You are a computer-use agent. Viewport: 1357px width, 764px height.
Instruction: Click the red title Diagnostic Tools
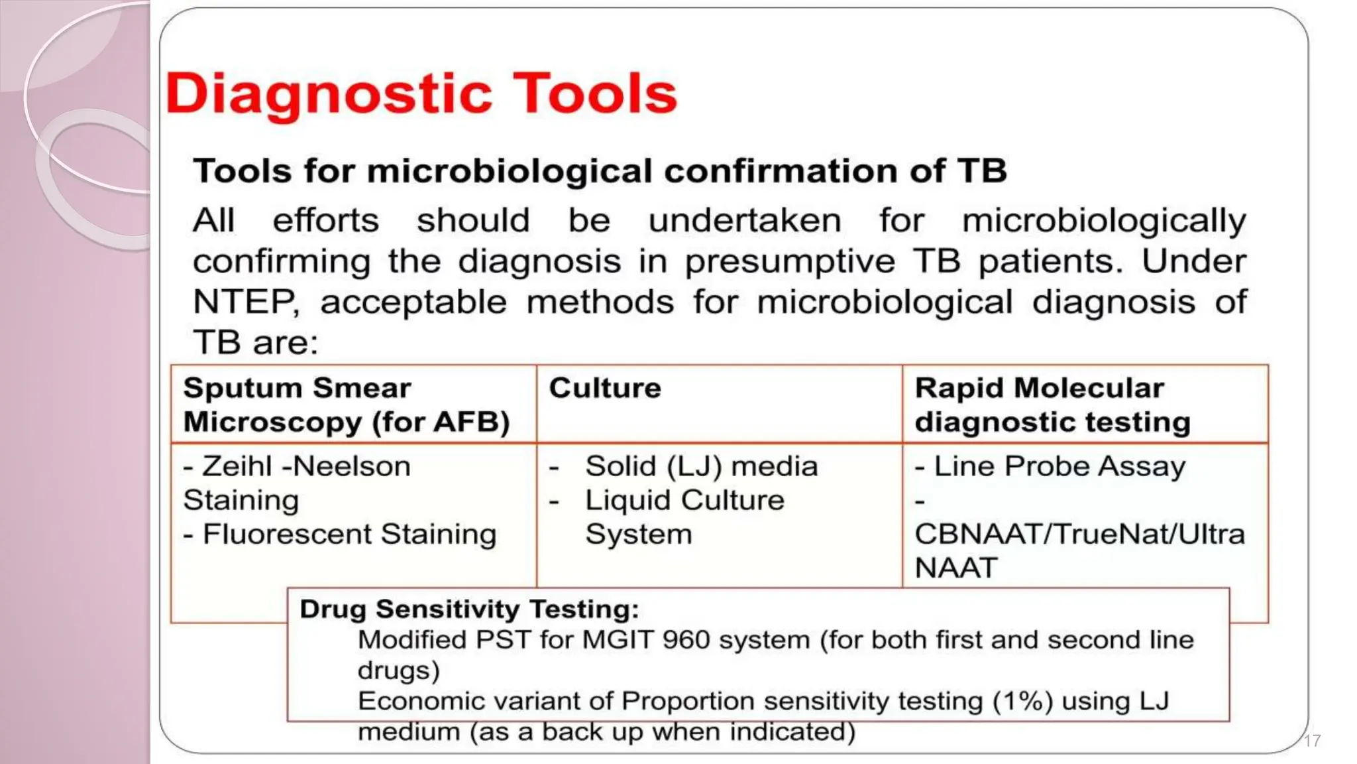[421, 94]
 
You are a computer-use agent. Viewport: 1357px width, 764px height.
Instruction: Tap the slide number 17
[1312, 741]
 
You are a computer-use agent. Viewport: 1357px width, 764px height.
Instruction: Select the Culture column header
[604, 388]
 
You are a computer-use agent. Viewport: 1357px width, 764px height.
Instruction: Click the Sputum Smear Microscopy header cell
[346, 405]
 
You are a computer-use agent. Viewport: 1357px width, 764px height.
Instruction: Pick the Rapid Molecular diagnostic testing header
[1052, 405]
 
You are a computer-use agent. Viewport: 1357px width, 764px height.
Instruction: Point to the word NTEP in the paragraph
[244, 302]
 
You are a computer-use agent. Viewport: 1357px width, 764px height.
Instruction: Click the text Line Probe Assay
[1059, 466]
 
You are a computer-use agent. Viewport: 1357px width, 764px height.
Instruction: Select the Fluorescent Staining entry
[349, 535]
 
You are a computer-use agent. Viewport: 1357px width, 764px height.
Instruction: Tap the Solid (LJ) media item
[701, 466]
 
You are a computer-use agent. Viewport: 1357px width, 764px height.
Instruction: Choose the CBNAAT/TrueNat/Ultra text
[1079, 535]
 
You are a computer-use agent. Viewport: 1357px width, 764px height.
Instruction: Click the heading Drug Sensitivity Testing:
[469, 609]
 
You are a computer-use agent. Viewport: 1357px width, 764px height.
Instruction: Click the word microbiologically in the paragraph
[1103, 220]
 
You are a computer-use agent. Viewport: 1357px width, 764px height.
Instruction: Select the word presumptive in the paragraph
[789, 261]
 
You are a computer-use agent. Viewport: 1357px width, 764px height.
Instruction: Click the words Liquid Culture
[684, 500]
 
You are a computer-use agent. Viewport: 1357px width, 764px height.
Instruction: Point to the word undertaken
[744, 220]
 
